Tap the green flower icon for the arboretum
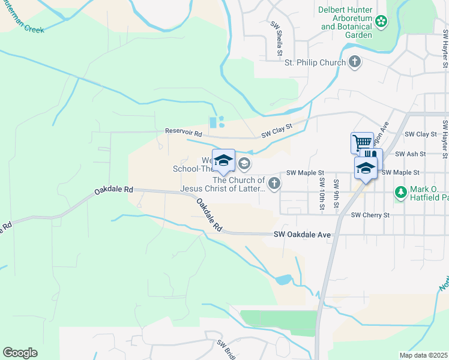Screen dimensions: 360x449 (x=381, y=22)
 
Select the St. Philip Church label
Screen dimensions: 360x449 (x=315, y=62)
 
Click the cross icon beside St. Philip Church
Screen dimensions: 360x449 (x=355, y=62)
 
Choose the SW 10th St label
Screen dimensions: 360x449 (x=322, y=193)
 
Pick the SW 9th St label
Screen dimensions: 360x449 (x=336, y=194)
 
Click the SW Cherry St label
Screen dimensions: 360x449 (x=370, y=214)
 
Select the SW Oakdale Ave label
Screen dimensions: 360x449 (x=303, y=235)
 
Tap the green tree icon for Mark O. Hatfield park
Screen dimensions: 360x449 (x=400, y=192)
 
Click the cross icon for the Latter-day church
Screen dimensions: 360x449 (x=274, y=184)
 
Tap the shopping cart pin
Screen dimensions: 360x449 (x=362, y=143)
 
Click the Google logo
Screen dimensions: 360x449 (x=20, y=353)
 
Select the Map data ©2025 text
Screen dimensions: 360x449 (x=423, y=355)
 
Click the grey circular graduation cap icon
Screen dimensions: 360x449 (x=244, y=163)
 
